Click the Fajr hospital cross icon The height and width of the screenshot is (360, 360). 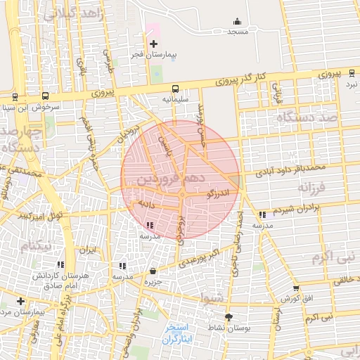pos(154,44)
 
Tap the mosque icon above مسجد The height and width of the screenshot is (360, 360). pos(237,21)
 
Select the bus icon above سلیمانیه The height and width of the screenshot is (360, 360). pos(175,89)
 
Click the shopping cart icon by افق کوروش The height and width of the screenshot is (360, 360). pos(295,288)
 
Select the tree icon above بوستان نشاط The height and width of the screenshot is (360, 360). pos(228,317)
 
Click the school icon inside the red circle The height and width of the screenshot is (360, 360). pos(149,225)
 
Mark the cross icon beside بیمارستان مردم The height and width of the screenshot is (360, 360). pos(20,301)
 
